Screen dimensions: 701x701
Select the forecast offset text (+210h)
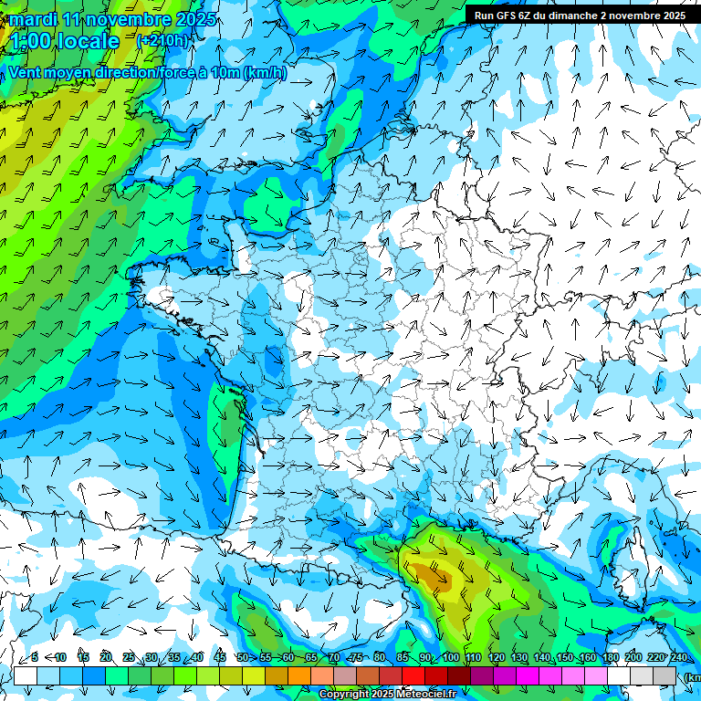click(162, 40)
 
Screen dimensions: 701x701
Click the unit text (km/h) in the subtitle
click(266, 72)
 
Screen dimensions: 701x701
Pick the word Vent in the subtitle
click(26, 72)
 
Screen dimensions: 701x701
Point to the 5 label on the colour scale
click(35, 658)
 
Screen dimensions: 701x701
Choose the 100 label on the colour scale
click(450, 658)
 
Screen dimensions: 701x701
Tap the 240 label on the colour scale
click(679, 658)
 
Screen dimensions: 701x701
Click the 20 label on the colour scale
click(106, 658)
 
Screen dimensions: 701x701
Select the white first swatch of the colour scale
click(26, 675)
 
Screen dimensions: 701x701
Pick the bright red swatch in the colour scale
click(413, 675)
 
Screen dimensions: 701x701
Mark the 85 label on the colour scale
click(403, 658)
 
